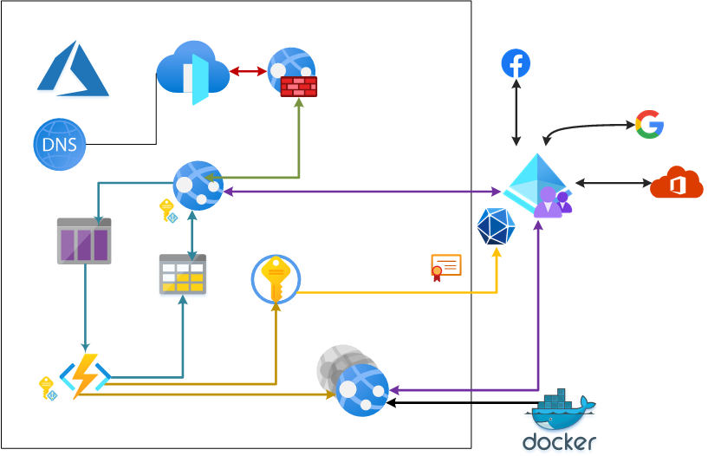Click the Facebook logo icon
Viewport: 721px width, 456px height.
click(x=516, y=64)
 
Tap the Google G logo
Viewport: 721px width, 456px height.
click(x=649, y=125)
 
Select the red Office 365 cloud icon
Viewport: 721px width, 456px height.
click(x=676, y=183)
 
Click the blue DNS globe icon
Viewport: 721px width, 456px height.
click(x=60, y=144)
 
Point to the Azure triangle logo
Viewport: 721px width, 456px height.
click(x=73, y=68)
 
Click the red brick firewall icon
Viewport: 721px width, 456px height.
click(x=298, y=87)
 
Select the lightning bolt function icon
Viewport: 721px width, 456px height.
click(x=85, y=375)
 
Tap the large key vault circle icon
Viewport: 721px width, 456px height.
click(x=276, y=279)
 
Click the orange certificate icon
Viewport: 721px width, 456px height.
click(x=445, y=267)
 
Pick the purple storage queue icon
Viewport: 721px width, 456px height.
click(x=84, y=241)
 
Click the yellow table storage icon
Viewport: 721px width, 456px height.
click(x=183, y=275)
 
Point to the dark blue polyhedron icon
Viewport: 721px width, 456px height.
click(x=496, y=226)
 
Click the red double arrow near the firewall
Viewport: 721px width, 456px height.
click(x=248, y=71)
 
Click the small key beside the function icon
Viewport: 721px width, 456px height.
click(x=47, y=387)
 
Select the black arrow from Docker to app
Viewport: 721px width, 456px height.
click(x=459, y=402)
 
